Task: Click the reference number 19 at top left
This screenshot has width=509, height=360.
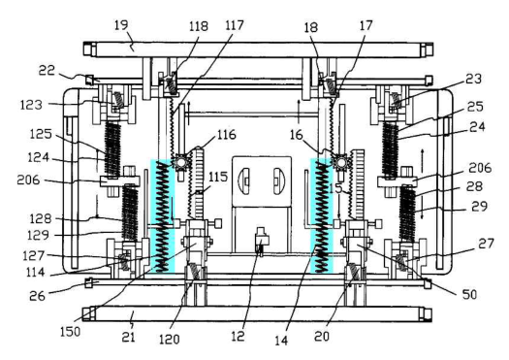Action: tap(121, 25)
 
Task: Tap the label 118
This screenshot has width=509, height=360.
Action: tap(199, 26)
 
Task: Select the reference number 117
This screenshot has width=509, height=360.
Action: tap(235, 25)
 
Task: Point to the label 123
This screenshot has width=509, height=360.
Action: tap(31, 105)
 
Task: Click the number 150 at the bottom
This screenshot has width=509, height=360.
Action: tap(70, 332)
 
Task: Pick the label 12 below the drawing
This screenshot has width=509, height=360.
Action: tap(238, 337)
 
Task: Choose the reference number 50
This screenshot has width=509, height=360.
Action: tap(469, 294)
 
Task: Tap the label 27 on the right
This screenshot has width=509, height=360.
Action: tap(486, 244)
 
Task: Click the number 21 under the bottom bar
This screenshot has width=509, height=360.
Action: tap(129, 338)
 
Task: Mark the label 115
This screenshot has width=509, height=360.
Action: tap(218, 177)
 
